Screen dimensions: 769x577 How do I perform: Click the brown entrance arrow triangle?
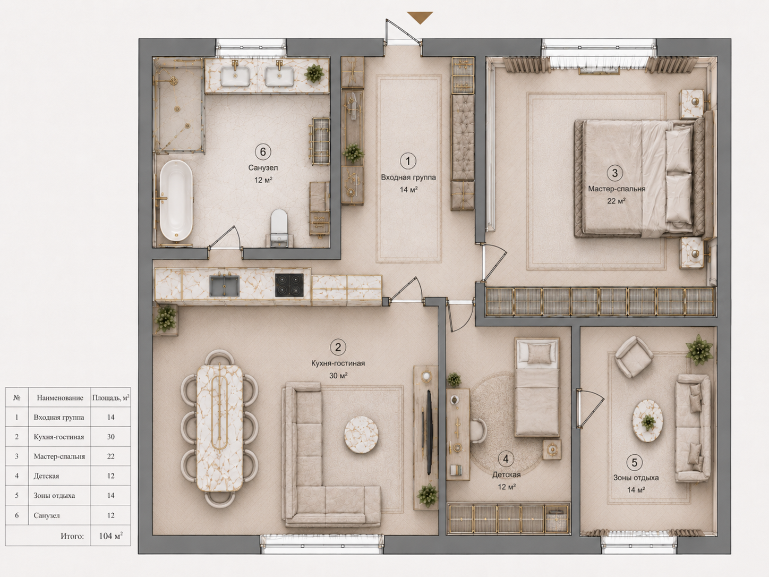click(x=420, y=17)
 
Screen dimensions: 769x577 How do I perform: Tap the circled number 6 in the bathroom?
click(x=263, y=152)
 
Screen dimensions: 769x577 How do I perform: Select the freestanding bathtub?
click(x=176, y=200)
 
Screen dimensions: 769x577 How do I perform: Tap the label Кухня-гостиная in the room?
click(x=338, y=363)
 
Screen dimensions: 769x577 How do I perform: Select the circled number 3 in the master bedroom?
click(x=614, y=173)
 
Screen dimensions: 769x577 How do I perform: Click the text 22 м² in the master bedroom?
click(x=616, y=201)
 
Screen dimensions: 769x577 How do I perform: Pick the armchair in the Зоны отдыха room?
click(x=634, y=357)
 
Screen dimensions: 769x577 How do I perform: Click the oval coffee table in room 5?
click(x=647, y=420)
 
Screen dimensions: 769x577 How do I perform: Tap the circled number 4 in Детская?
click(x=506, y=459)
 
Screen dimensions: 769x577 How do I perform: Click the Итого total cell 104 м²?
click(x=110, y=536)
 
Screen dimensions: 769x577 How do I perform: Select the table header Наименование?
click(x=60, y=397)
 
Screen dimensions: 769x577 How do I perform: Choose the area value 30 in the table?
click(x=110, y=437)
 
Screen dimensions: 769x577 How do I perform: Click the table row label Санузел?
click(x=47, y=515)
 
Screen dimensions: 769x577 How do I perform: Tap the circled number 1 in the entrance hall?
click(x=408, y=161)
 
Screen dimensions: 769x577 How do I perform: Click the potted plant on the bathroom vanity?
click(x=314, y=73)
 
